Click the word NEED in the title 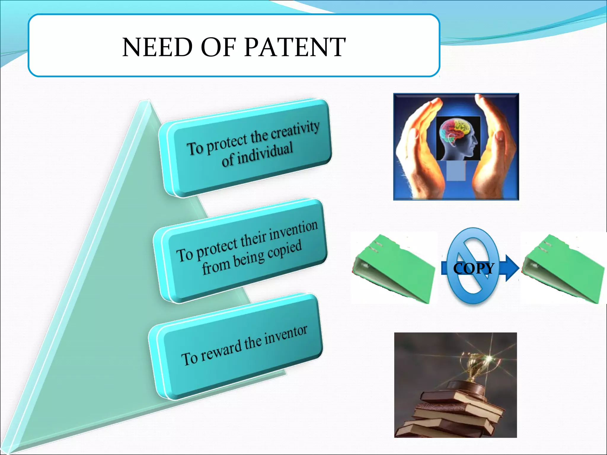157,47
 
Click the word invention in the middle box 293,230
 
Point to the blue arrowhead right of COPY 511,268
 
